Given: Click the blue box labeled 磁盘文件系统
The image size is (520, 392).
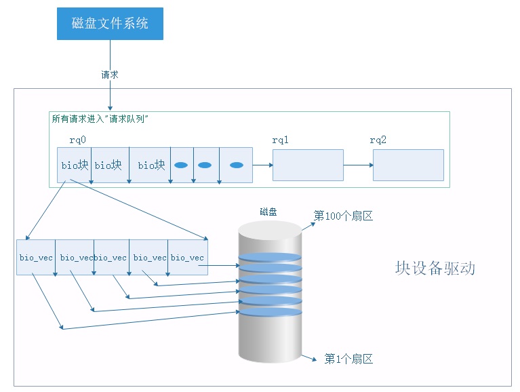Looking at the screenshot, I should click(x=110, y=24).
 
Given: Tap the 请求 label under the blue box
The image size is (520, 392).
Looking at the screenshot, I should click(x=110, y=75).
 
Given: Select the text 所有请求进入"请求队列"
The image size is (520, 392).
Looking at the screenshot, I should click(x=100, y=119).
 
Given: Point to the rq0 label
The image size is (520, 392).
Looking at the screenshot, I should click(x=77, y=140).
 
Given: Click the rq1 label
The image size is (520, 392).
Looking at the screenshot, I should click(x=281, y=140).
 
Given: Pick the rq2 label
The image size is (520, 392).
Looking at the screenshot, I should click(x=378, y=140).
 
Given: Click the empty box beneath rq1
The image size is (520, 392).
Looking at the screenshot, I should click(x=308, y=165).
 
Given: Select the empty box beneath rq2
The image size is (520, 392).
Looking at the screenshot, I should click(x=408, y=165).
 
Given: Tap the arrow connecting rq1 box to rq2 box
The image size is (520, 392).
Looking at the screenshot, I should click(x=358, y=165).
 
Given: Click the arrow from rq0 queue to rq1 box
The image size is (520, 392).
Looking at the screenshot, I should click(x=262, y=165).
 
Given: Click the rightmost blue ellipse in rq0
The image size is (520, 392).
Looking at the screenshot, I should click(x=237, y=165).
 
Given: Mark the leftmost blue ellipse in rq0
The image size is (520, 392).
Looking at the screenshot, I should click(x=181, y=165).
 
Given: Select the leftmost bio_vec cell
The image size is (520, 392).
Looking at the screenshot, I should click(x=36, y=258).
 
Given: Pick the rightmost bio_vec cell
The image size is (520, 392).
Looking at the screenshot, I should click(x=188, y=258).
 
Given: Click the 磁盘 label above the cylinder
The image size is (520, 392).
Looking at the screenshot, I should click(x=268, y=212).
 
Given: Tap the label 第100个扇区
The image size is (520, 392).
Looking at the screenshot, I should click(x=343, y=216).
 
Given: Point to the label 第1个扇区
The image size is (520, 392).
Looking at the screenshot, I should click(x=348, y=359).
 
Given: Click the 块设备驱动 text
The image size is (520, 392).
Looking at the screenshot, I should click(x=435, y=268).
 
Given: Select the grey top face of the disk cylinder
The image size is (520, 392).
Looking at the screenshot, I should click(x=269, y=230).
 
